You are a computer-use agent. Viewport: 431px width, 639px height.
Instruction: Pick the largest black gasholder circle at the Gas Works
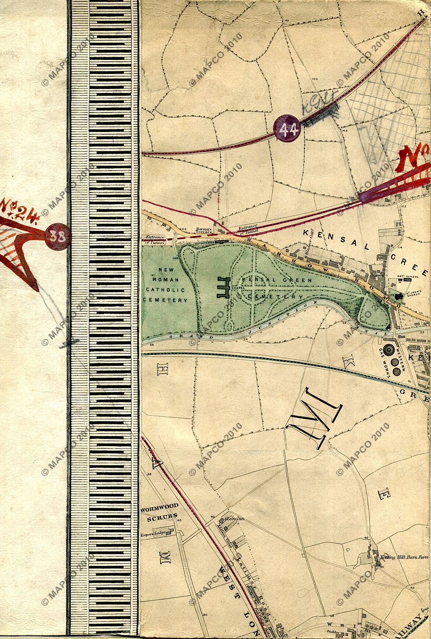click(389, 350)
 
